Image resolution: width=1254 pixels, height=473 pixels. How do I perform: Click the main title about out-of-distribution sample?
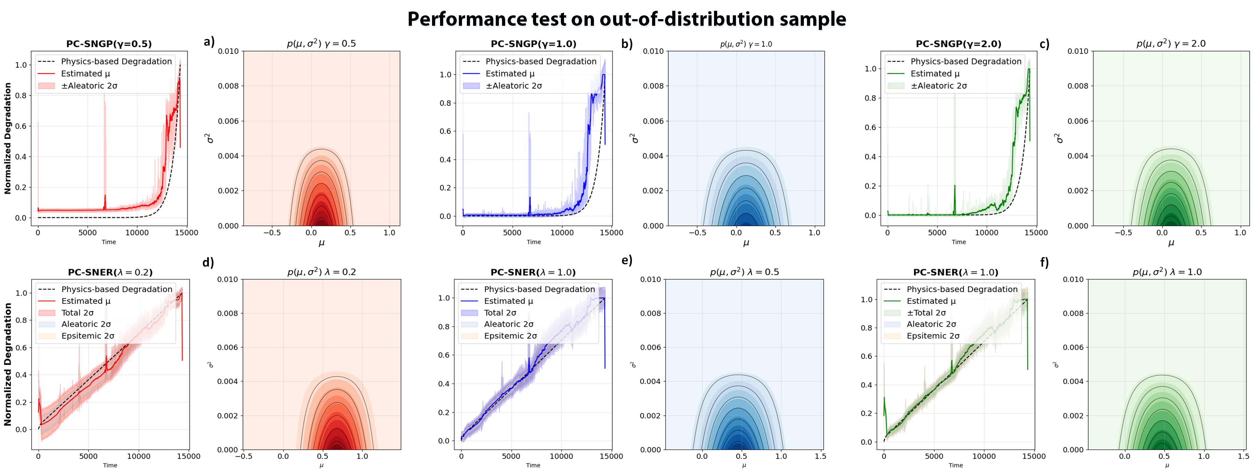point(627,19)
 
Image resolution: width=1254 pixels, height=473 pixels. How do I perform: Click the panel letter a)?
point(209,42)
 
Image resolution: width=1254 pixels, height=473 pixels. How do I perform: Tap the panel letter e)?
point(627,260)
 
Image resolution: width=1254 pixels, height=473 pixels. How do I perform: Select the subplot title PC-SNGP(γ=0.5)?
point(109,44)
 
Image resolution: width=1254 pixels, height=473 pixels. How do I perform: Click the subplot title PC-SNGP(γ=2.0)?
point(958,44)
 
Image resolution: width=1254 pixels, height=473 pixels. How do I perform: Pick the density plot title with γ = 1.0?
point(746,44)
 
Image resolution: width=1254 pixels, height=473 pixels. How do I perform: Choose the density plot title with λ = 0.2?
point(321,272)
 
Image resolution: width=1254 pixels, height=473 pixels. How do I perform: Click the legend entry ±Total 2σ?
point(926,313)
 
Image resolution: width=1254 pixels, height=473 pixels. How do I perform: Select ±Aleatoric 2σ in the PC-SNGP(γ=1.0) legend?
point(514,86)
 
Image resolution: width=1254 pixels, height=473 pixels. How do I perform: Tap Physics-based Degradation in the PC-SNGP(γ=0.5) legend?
point(116,61)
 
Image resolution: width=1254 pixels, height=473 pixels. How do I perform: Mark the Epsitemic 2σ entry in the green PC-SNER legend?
point(933,336)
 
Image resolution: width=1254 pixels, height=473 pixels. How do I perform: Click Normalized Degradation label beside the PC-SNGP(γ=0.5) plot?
point(8,138)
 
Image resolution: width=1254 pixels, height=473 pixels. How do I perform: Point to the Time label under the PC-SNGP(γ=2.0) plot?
point(958,242)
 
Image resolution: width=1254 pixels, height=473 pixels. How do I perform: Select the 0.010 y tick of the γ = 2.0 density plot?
point(1077,51)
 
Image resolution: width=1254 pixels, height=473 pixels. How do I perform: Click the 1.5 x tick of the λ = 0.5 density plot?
point(820,456)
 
